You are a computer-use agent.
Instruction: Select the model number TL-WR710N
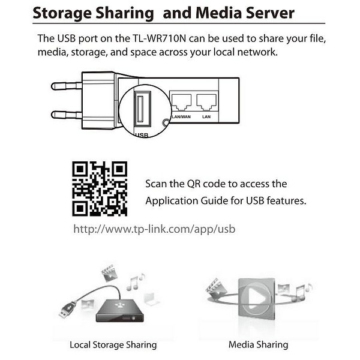[160, 38]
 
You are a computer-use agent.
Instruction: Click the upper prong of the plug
[67, 86]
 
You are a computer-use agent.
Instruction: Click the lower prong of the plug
[67, 115]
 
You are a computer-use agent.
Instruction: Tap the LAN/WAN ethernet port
[181, 102]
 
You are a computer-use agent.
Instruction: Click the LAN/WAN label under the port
[181, 117]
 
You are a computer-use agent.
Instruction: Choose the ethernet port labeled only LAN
[206, 102]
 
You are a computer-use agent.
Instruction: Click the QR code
[100, 189]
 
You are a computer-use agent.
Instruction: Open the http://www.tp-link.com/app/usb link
[154, 229]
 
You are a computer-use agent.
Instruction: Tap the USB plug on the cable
[67, 310]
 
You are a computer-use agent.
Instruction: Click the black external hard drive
[120, 311]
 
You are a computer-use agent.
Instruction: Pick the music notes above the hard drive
[136, 282]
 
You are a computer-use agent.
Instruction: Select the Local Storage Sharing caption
[113, 345]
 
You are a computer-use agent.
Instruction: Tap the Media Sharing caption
[258, 345]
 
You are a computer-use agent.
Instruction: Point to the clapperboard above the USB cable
[110, 273]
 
